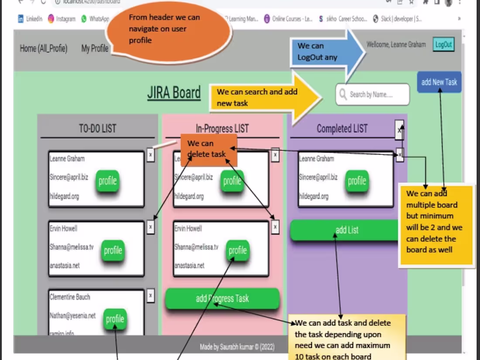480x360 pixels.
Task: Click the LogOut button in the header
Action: pyautogui.click(x=443, y=45)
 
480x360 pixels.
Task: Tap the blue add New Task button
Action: pyautogui.click(x=439, y=82)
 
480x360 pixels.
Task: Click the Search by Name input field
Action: pyautogui.click(x=373, y=95)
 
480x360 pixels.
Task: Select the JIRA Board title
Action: pyautogui.click(x=174, y=93)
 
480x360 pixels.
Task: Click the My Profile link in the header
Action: pyautogui.click(x=95, y=48)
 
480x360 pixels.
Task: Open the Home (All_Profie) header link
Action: pyautogui.click(x=44, y=48)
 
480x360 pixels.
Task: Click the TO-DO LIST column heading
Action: pyautogui.click(x=97, y=128)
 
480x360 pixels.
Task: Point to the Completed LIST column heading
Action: pyautogui.click(x=342, y=128)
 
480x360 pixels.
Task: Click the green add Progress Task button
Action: pyautogui.click(x=222, y=298)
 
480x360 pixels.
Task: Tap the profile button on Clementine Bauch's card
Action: pyautogui.click(x=115, y=319)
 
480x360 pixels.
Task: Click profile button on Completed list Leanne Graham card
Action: pyautogui.click(x=357, y=181)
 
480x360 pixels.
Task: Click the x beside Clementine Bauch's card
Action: pyautogui.click(x=151, y=295)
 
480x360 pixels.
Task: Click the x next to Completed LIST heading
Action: pyautogui.click(x=399, y=130)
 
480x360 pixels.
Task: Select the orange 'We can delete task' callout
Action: pyautogui.click(x=209, y=149)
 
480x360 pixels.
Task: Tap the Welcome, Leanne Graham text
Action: pyautogui.click(x=396, y=45)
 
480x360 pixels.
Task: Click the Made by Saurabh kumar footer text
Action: pyautogui.click(x=237, y=347)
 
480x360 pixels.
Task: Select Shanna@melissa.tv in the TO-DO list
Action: pyautogui.click(x=72, y=247)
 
